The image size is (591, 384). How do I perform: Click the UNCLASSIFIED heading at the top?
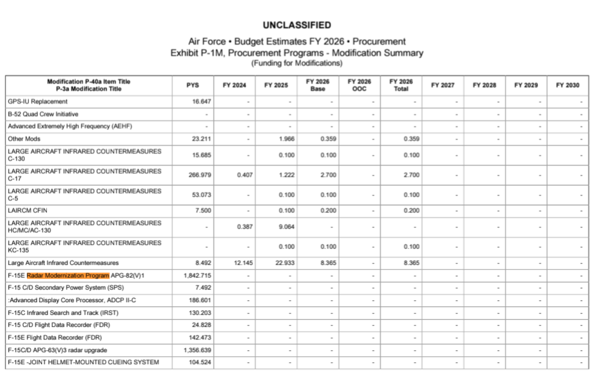pyautogui.click(x=296, y=25)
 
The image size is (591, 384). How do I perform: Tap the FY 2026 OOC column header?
pyautogui.click(x=359, y=85)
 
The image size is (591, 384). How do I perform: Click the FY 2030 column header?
pyautogui.click(x=568, y=85)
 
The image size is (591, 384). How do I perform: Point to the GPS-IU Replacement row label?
pyautogui.click(x=37, y=101)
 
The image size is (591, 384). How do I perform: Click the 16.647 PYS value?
pyautogui.click(x=201, y=101)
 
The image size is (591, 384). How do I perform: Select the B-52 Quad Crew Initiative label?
pyautogui.click(x=43, y=114)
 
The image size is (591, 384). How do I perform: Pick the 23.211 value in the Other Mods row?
pyautogui.click(x=201, y=138)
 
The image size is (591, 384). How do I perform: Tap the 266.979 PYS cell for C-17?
pyautogui.click(x=200, y=175)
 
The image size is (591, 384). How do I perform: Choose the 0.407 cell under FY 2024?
pyautogui.click(x=244, y=175)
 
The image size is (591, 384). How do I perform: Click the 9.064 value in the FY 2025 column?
pyautogui.click(x=286, y=226)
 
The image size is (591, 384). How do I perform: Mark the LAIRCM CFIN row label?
pyautogui.click(x=27, y=210)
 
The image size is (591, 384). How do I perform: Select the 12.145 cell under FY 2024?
pyautogui.click(x=242, y=263)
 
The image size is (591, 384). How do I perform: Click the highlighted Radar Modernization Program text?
pyautogui.click(x=68, y=276)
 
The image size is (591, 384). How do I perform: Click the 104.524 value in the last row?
pyautogui.click(x=200, y=362)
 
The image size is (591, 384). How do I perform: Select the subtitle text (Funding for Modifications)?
pyautogui.click(x=296, y=63)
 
